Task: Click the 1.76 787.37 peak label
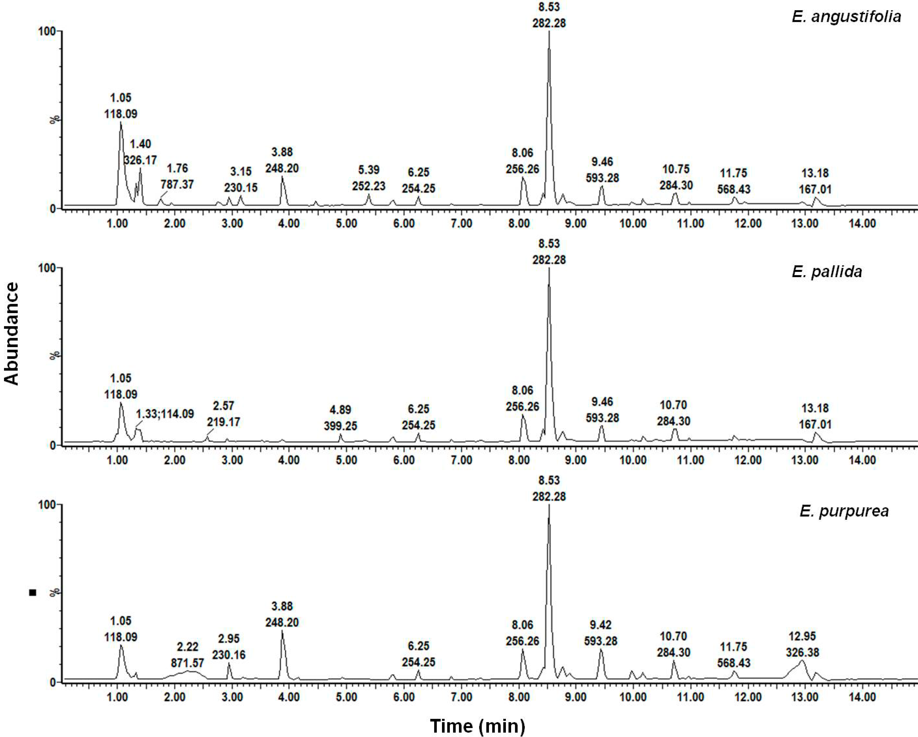(177, 176)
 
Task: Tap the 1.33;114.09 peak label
(165, 413)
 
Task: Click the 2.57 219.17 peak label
(224, 414)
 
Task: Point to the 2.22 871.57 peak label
(187, 655)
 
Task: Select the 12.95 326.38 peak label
(802, 644)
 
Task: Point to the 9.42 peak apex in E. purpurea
(601, 649)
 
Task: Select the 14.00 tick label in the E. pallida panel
(862, 460)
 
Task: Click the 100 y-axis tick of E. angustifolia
(47, 31)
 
